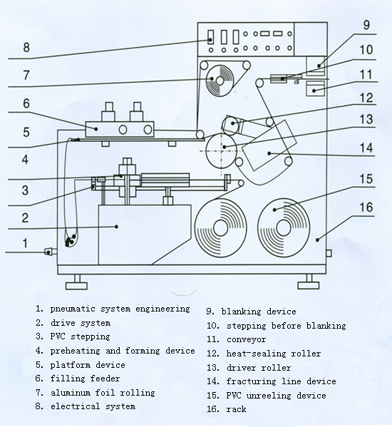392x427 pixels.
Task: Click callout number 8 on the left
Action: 26,47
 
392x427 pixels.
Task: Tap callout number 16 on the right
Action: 366,207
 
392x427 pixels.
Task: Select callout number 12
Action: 366,98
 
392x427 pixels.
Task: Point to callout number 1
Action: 25,243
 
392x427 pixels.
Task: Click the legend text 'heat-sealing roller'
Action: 274,354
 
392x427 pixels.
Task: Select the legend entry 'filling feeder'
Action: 86,379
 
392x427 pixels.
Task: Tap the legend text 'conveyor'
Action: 247,339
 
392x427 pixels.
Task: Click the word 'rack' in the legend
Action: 237,409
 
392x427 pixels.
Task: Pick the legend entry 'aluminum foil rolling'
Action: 103,393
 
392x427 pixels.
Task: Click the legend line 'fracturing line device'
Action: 282,381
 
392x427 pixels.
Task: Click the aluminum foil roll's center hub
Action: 220,81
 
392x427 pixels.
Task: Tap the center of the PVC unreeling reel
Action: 284,227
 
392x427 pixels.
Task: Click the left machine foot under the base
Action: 77,282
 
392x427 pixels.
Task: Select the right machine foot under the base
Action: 309,282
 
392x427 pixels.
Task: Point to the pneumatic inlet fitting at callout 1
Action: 51,252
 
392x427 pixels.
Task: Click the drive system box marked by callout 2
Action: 144,235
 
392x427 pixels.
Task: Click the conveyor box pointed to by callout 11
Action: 316,88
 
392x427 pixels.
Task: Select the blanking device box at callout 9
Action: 316,66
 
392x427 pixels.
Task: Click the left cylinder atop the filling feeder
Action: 108,112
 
